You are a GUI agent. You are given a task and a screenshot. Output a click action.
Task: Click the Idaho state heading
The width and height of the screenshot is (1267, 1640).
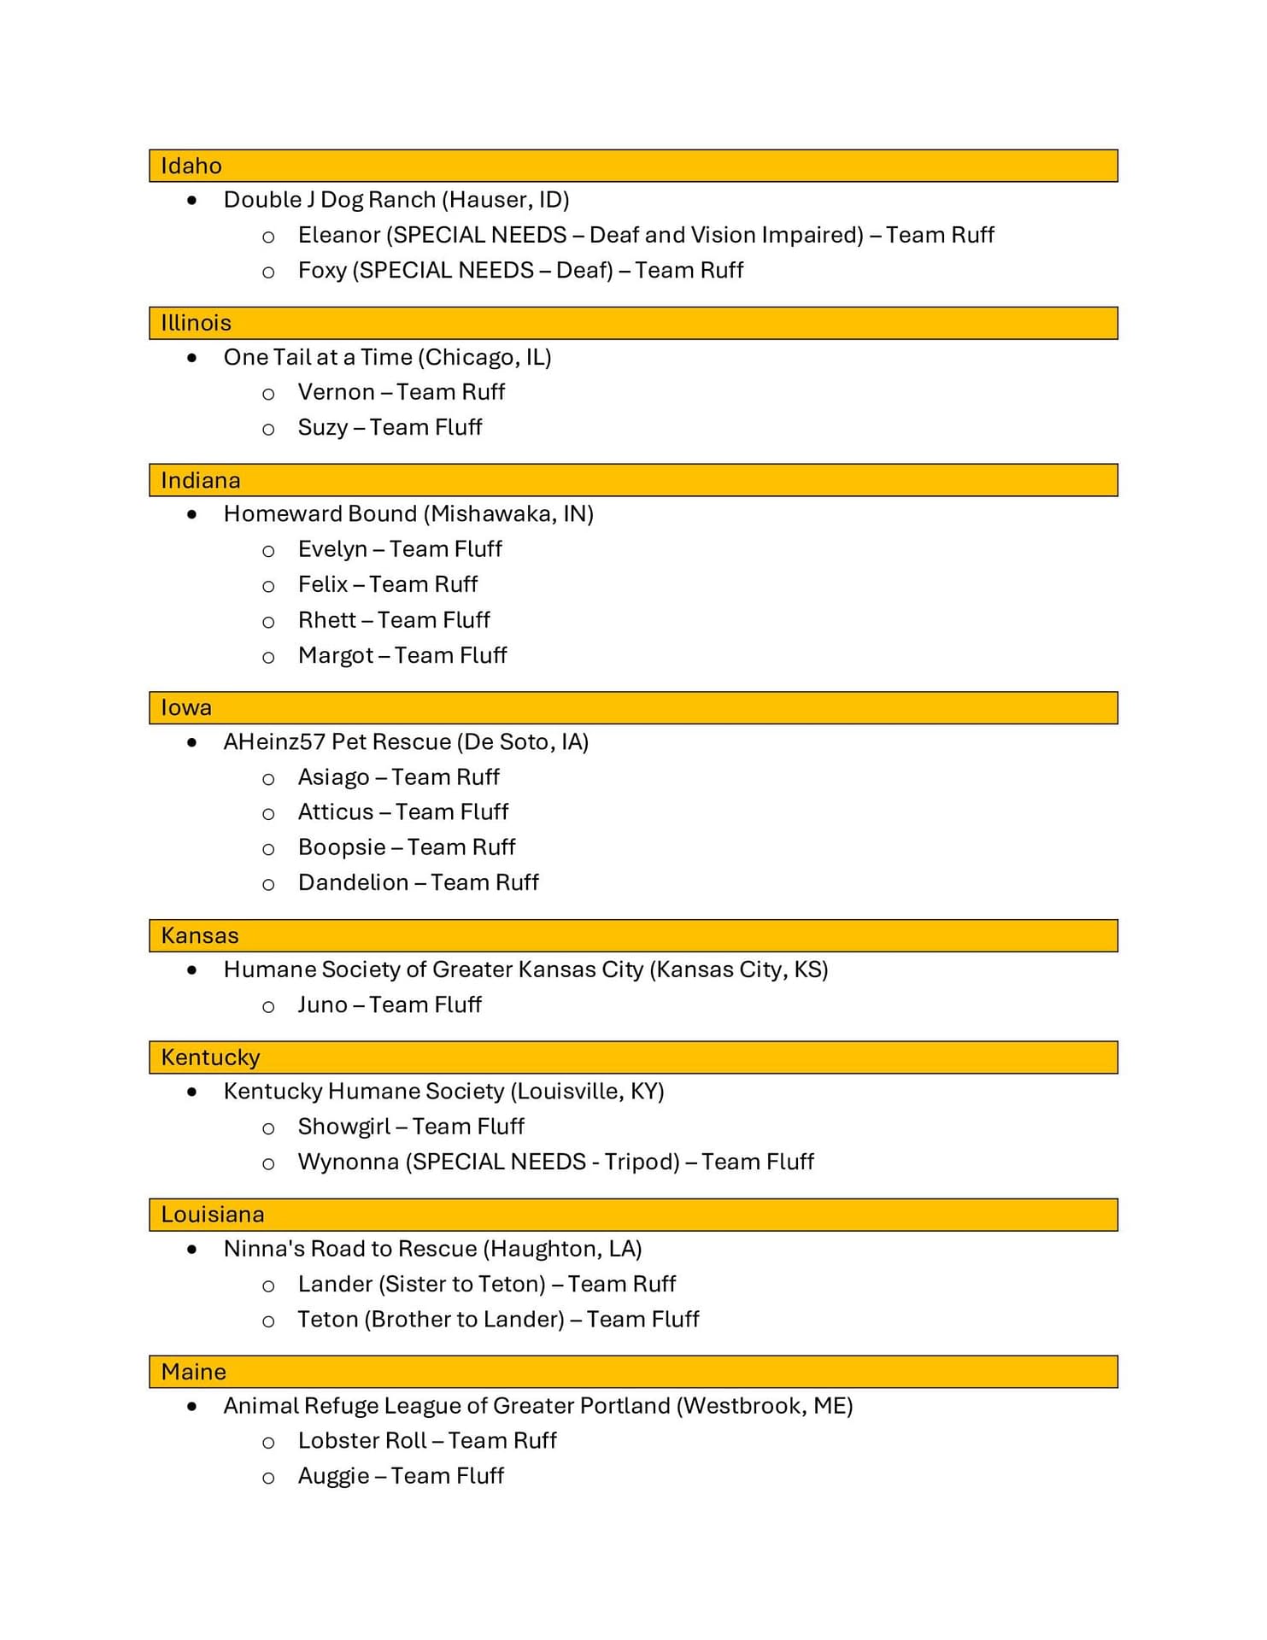coord(191,166)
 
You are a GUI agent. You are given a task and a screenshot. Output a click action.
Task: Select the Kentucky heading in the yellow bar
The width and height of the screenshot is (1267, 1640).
coord(210,1057)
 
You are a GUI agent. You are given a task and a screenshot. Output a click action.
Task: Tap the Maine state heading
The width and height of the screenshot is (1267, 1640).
coord(194,1372)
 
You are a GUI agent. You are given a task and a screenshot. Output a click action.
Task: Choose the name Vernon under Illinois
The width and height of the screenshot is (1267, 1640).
coord(336,392)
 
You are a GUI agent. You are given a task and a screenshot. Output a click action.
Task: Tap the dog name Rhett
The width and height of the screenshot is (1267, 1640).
coord(326,620)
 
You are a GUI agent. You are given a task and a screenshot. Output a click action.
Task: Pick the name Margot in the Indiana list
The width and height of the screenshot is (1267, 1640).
coord(335,656)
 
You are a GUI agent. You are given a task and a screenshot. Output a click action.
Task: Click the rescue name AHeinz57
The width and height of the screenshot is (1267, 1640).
coord(274,741)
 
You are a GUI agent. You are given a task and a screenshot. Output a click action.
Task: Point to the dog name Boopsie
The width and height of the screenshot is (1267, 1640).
coord(342,847)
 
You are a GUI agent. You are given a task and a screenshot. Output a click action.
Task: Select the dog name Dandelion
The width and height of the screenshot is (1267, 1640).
coord(353,882)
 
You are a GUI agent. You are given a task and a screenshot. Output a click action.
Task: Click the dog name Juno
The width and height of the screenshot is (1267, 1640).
coord(322,1004)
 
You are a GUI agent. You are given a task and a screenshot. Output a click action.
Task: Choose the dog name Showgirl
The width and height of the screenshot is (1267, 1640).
coord(343,1127)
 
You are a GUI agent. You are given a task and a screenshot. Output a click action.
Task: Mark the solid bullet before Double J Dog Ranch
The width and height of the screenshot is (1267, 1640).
coord(192,201)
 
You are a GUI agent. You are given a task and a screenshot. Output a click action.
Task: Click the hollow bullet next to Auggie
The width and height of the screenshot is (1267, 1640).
coord(268,1478)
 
